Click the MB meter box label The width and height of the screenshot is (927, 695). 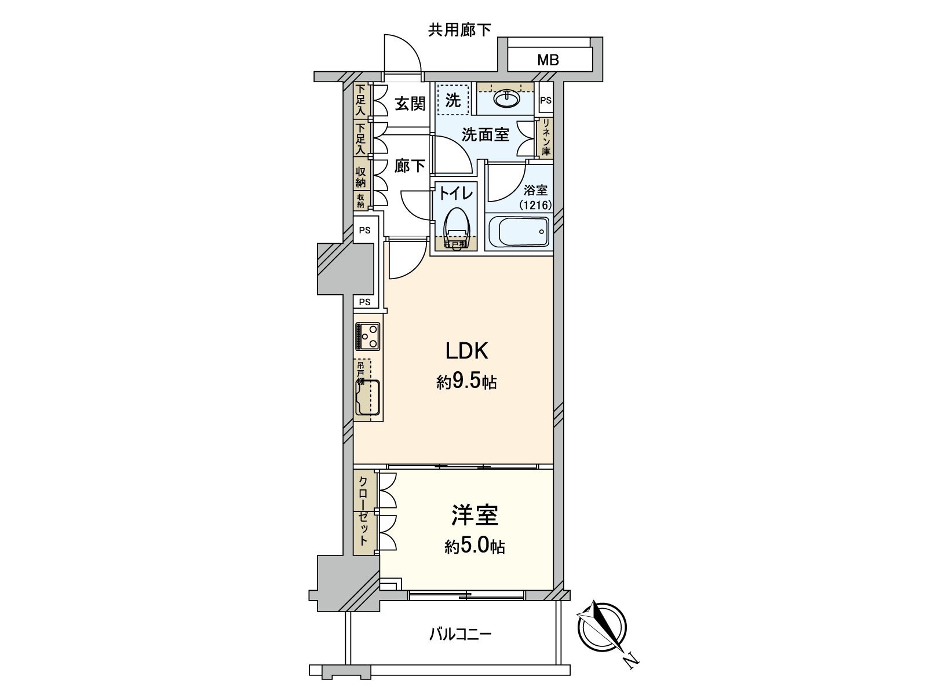pyautogui.click(x=548, y=59)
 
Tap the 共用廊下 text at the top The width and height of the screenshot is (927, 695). pyautogui.click(x=459, y=30)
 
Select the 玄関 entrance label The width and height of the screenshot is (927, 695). pyautogui.click(x=410, y=104)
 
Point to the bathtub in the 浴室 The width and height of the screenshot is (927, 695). pyautogui.click(x=517, y=233)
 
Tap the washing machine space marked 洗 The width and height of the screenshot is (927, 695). pyautogui.click(x=452, y=100)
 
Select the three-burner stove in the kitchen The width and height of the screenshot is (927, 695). pyautogui.click(x=367, y=336)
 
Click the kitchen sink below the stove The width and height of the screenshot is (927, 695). pyautogui.click(x=367, y=398)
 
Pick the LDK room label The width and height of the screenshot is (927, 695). pyautogui.click(x=466, y=351)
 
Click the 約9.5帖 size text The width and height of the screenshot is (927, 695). pyautogui.click(x=466, y=382)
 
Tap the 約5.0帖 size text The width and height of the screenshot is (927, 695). pyautogui.click(x=475, y=546)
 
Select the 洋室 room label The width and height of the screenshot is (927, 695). pyautogui.click(x=475, y=515)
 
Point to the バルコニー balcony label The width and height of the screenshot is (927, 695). pyautogui.click(x=460, y=634)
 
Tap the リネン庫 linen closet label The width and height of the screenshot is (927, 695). pyautogui.click(x=545, y=137)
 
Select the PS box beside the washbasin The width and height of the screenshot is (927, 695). pyautogui.click(x=545, y=100)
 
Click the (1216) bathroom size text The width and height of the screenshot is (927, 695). pyautogui.click(x=535, y=204)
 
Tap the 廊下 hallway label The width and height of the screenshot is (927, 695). pyautogui.click(x=410, y=166)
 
